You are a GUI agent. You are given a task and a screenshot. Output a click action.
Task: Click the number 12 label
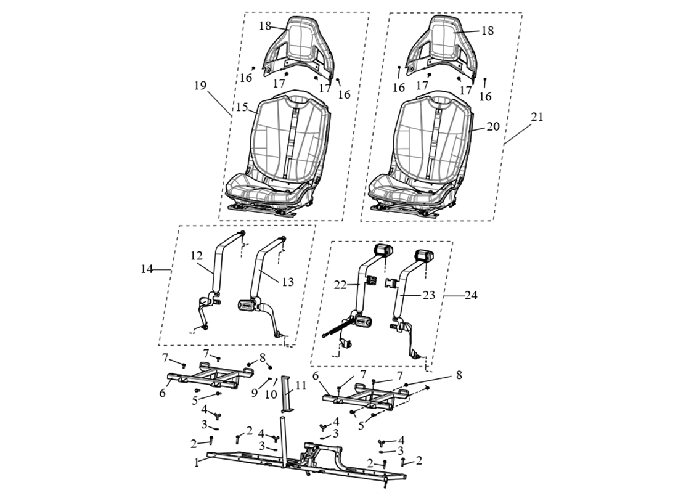(196, 255)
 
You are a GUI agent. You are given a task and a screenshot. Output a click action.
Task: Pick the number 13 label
(288, 282)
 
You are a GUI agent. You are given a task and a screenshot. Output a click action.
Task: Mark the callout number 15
(241, 107)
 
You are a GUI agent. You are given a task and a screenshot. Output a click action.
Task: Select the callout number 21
(537, 117)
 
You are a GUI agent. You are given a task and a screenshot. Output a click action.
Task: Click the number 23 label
(429, 295)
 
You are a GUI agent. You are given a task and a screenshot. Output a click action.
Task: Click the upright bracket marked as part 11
(286, 395)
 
